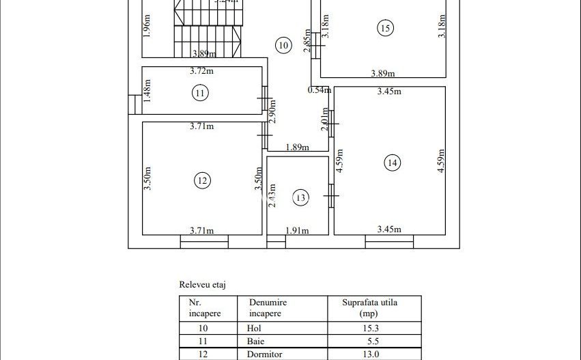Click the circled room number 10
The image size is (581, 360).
coord(283,46)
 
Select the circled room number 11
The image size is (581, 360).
coord(199,93)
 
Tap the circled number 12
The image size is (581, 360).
coord(201,181)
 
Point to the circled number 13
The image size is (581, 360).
coord(300,197)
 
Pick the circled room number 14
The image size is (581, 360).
coord(392,163)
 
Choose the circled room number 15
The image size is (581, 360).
coord(385,28)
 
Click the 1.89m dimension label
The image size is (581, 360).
coord(296,147)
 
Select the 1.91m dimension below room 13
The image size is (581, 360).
coord(297,230)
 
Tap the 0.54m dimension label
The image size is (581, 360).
coord(319,90)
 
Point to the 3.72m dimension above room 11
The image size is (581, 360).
coord(201,71)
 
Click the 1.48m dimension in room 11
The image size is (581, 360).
coord(148,91)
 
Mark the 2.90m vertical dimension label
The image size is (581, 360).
coord(272,111)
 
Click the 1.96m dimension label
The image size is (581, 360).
coord(148,26)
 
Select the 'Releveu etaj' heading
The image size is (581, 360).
coord(202,284)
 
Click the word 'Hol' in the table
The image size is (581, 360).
coord(253,328)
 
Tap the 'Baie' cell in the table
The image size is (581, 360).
coord(255,341)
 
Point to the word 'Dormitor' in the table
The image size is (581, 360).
coord(264,355)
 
